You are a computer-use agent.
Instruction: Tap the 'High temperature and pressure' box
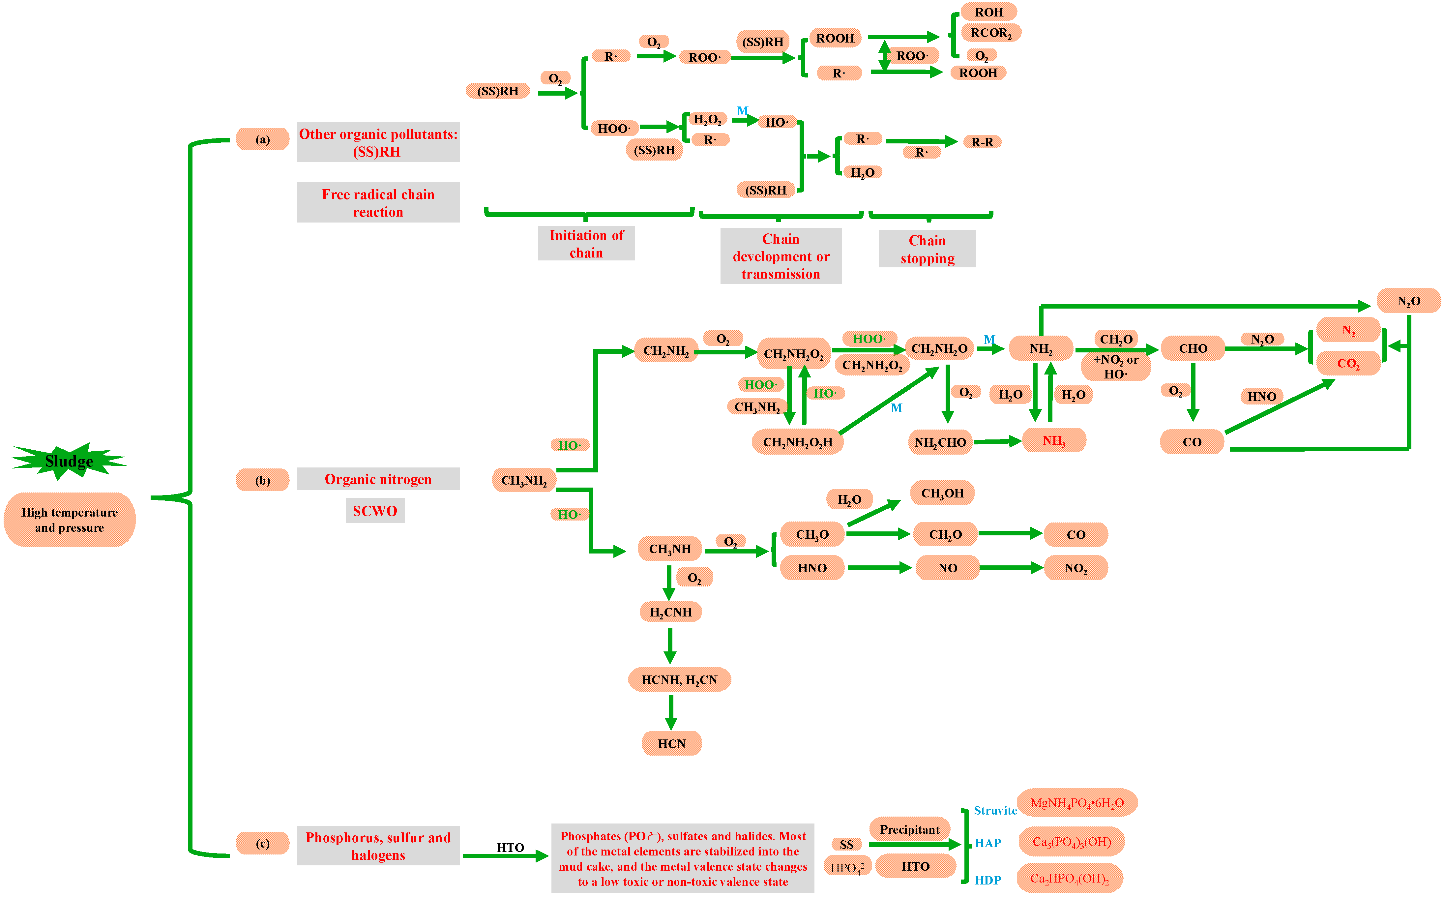[70, 520]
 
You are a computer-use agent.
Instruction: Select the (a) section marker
[262, 139]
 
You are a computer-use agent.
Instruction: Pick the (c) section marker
[262, 843]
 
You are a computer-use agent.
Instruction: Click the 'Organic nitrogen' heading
[378, 479]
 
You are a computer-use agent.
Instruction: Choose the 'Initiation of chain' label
[586, 244]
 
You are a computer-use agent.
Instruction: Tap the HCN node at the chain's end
[671, 744]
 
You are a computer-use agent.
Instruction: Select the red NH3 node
[1054, 441]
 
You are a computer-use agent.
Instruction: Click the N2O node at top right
[1408, 301]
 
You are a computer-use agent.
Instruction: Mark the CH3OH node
[942, 493]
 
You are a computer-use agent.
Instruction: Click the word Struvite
[995, 811]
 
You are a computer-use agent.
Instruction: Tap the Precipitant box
[910, 830]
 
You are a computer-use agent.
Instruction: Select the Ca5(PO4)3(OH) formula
[1071, 842]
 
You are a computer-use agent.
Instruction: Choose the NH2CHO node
[940, 442]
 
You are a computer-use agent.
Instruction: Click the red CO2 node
[1348, 364]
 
